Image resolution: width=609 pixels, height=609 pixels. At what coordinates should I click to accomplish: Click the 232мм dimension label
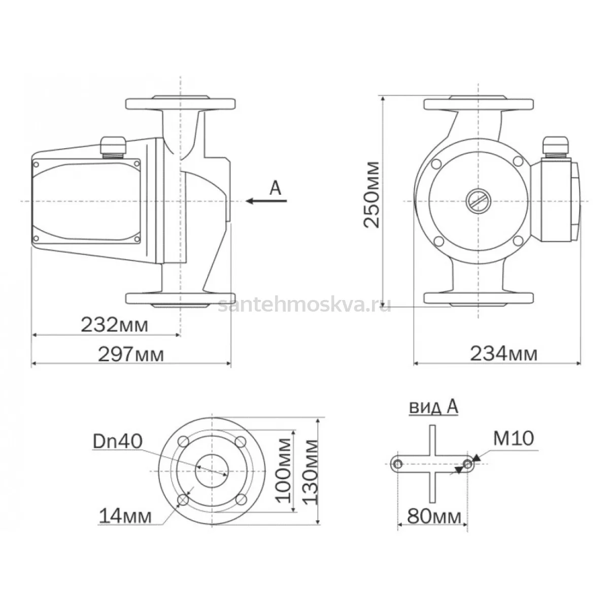114,325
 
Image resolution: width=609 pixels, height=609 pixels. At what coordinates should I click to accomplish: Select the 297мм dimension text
131,355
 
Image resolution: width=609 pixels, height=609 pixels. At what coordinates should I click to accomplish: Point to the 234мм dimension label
504,354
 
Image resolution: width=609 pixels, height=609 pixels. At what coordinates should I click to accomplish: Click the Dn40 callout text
118,441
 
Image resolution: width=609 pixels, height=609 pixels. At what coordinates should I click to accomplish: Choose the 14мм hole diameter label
125,517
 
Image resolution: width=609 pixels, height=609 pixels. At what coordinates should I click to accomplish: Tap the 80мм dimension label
434,517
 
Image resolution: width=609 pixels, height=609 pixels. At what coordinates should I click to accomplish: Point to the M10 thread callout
514,438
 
